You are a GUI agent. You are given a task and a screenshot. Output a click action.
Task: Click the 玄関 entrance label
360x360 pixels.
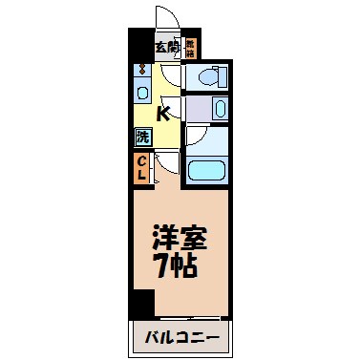tap(167, 47)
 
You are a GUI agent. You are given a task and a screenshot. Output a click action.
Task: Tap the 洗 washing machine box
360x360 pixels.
tap(141, 136)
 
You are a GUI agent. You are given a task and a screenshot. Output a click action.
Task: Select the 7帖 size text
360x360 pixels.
tap(179, 265)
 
